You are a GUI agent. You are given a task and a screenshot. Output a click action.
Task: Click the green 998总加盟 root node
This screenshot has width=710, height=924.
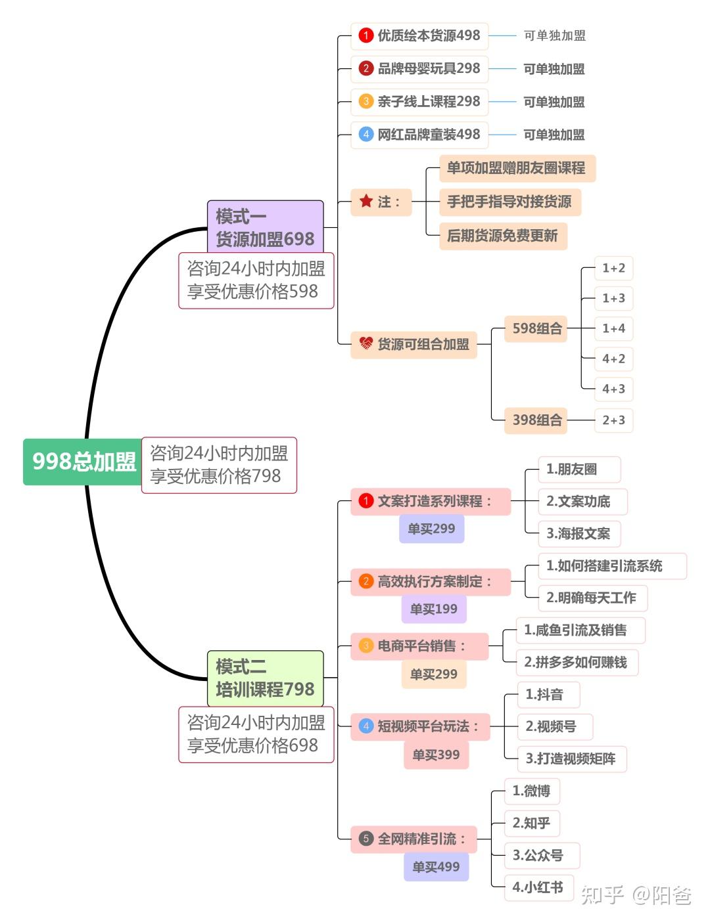[83, 462]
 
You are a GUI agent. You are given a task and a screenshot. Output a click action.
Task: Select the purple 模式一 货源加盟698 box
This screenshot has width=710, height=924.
[265, 227]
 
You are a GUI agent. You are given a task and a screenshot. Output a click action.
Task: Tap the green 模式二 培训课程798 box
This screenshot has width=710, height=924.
[265, 678]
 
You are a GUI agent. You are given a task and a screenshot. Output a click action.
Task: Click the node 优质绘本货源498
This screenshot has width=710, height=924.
[419, 35]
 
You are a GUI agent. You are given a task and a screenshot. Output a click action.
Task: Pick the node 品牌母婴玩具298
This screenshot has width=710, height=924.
[419, 68]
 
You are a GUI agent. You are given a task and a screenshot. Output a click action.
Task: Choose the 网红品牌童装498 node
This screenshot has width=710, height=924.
[419, 135]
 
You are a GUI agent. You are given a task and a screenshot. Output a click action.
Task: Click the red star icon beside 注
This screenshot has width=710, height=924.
[366, 201]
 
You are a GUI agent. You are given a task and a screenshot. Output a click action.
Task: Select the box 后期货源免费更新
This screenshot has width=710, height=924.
[502, 236]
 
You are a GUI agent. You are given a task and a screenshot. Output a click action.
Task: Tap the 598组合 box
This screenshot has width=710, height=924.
[537, 328]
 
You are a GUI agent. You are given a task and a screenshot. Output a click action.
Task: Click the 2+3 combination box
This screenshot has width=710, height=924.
[613, 420]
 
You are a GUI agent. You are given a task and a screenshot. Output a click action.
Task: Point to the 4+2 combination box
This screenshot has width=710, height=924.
[613, 359]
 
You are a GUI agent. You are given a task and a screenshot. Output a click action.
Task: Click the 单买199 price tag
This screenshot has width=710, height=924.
[433, 609]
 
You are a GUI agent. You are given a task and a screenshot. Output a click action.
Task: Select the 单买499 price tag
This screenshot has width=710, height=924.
[436, 867]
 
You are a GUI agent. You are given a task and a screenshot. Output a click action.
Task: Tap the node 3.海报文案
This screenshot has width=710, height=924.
[578, 534]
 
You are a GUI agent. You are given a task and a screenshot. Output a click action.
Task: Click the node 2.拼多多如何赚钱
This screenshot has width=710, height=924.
[575, 662]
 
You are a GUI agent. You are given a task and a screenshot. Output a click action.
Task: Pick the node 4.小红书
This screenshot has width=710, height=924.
[538, 887]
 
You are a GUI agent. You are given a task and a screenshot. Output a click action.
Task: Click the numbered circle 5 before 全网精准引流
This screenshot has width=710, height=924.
[366, 839]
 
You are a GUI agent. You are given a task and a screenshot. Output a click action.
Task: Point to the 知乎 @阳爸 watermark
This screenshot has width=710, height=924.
[636, 894]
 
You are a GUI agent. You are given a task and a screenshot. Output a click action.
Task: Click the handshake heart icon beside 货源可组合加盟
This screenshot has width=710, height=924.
[366, 343]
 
